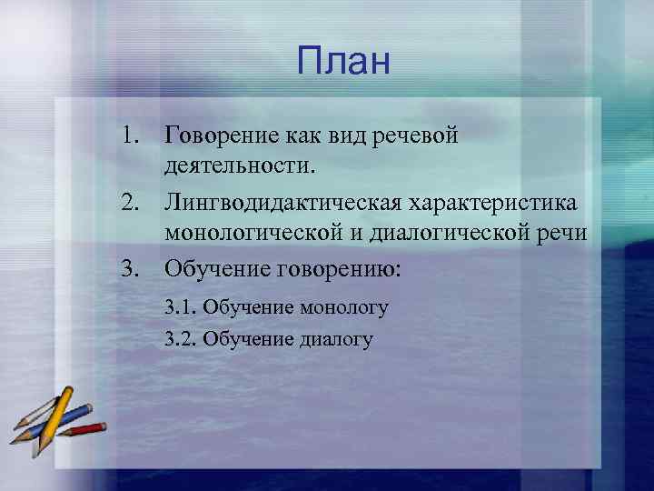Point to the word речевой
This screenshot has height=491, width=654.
click(x=417, y=136)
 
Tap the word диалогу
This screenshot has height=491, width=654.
click(x=335, y=340)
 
